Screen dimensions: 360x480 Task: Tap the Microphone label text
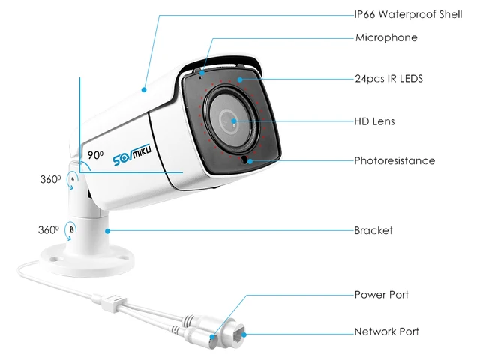pos(385,37)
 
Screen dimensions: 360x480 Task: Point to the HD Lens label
pos(374,121)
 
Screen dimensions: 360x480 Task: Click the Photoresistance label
pos(394,160)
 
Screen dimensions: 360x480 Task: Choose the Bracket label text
pos(373,230)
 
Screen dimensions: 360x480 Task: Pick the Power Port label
pos(381,295)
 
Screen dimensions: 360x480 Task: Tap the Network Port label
pos(386,331)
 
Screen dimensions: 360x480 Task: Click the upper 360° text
pos(49,179)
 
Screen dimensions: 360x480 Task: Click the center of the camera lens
pos(233,121)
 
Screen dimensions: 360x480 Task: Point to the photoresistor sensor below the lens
pos(246,160)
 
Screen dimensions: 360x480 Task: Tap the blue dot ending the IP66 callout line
pos(145,88)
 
